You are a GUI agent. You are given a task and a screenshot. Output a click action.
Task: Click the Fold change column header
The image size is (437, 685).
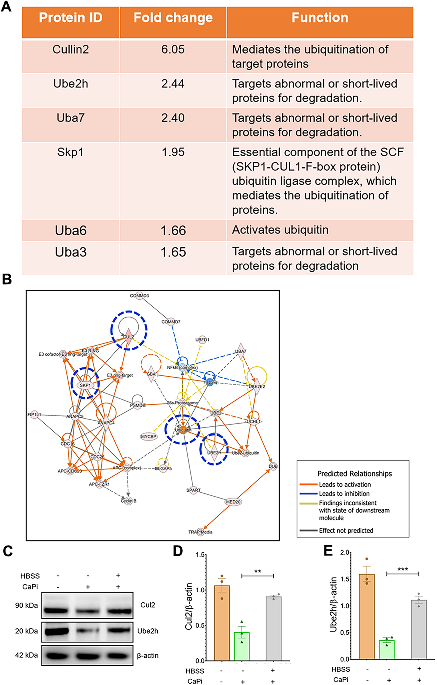point(173,18)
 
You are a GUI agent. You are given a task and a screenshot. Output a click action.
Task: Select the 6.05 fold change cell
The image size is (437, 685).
point(173,49)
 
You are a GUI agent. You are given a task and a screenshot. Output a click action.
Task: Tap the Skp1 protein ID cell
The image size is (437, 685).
point(70,152)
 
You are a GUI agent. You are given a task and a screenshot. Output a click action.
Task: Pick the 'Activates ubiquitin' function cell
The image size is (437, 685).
point(280,230)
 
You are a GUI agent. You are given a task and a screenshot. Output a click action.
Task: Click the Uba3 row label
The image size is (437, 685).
point(71,252)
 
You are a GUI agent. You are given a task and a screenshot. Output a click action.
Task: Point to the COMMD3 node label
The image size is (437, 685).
point(140,296)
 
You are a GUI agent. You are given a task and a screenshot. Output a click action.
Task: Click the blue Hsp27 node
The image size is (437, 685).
point(210,382)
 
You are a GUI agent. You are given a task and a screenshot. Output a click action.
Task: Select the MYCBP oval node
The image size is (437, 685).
point(149,437)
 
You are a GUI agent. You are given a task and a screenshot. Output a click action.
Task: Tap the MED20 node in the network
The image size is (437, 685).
point(233,502)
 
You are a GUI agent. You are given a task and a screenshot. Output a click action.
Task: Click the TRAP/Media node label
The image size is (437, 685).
point(200,532)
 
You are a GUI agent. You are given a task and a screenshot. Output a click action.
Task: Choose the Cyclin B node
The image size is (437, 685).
point(128,501)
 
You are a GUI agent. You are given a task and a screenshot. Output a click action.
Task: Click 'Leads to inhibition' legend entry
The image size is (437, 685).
point(344,494)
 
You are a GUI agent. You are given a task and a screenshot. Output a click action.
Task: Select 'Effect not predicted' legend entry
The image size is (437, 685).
point(346,531)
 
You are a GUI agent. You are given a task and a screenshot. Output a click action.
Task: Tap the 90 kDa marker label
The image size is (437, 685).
point(26,605)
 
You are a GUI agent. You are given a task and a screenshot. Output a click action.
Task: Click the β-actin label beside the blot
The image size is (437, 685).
point(148,656)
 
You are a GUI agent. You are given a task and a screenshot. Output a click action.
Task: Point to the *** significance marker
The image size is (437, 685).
point(403,570)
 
